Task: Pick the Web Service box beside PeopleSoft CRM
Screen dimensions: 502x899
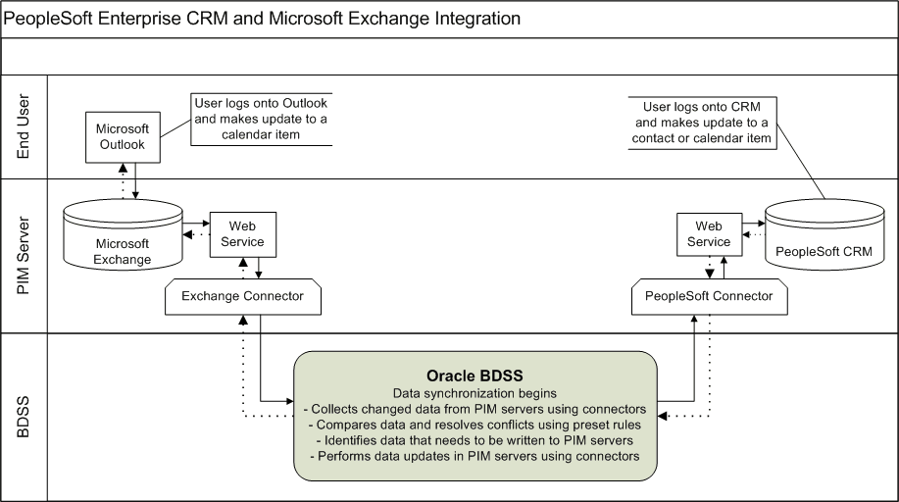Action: tap(708, 234)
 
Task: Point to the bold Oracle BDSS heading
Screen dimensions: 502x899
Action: tap(474, 376)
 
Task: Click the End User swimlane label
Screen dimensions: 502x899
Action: tap(25, 127)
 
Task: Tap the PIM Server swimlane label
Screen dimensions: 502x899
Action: tap(25, 255)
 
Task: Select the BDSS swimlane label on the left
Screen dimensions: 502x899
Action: tap(25, 417)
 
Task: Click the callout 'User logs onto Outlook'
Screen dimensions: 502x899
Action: tap(261, 120)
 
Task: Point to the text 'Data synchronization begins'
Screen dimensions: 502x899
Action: tap(474, 392)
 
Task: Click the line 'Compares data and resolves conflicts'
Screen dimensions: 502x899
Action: tap(474, 425)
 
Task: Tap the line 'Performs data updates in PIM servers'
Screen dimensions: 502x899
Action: tap(474, 457)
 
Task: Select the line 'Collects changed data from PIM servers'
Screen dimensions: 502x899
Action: tap(474, 408)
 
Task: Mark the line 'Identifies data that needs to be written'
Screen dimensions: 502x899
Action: tap(474, 441)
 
